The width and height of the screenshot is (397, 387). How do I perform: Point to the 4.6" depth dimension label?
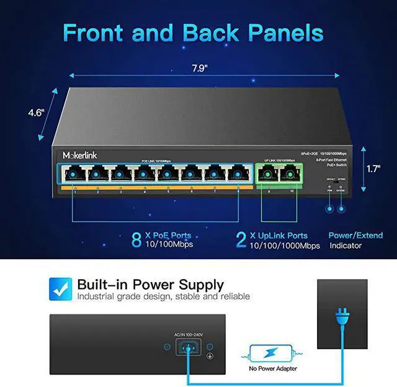(x=37, y=113)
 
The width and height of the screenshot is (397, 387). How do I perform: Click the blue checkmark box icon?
(x=59, y=288)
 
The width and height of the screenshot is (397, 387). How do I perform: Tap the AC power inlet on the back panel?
(x=186, y=349)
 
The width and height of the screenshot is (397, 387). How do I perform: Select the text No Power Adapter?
(x=274, y=368)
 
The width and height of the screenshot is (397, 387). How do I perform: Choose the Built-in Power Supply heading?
(x=150, y=285)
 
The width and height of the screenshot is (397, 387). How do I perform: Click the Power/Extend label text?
(x=353, y=236)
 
